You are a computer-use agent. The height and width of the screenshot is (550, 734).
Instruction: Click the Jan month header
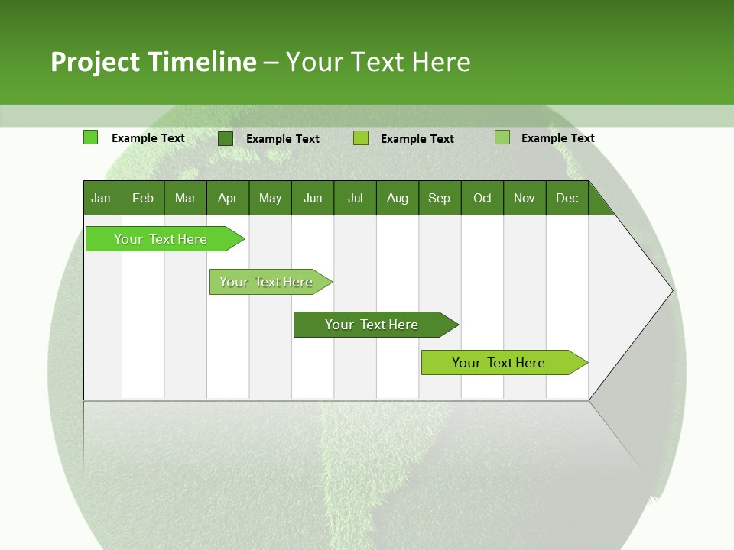[x=102, y=198]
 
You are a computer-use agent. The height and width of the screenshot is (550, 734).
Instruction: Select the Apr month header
[x=228, y=198]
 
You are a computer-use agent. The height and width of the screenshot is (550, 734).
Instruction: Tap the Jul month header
[x=355, y=198]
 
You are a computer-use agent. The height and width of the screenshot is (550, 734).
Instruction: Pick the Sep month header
[x=439, y=198]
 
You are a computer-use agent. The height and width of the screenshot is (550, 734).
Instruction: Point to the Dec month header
[x=567, y=198]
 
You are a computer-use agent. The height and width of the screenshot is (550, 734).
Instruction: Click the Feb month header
[x=143, y=198]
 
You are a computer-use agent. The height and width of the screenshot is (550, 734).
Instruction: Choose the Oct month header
[x=482, y=198]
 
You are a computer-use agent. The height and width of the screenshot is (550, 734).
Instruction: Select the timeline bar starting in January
[x=161, y=239]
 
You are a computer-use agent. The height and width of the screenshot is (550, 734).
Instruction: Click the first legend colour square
[x=90, y=137]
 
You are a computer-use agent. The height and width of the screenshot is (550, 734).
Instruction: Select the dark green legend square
[x=226, y=138]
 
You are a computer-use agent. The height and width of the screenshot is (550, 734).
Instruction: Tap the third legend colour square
[x=361, y=138]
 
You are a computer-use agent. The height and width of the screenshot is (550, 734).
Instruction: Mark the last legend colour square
[x=502, y=137]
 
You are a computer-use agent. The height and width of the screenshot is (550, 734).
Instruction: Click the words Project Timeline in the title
[x=153, y=62]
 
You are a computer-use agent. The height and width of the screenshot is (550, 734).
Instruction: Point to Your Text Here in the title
[x=378, y=62]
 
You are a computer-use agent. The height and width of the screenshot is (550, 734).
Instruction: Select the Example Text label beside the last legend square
[x=557, y=138]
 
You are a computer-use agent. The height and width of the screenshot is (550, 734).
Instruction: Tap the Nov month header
[x=525, y=198]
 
